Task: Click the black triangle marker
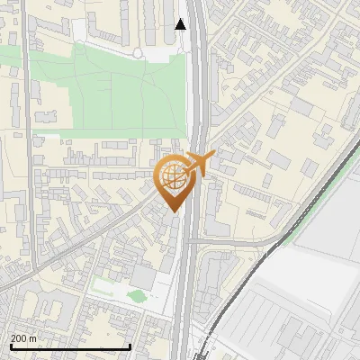click(181, 24)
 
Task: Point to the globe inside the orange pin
click(174, 176)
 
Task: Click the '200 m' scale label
click(25, 337)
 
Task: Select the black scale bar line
click(70, 346)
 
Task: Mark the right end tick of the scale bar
click(131, 346)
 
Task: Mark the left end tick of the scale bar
click(9, 346)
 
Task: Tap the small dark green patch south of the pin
click(137, 295)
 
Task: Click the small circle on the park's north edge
click(137, 53)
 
